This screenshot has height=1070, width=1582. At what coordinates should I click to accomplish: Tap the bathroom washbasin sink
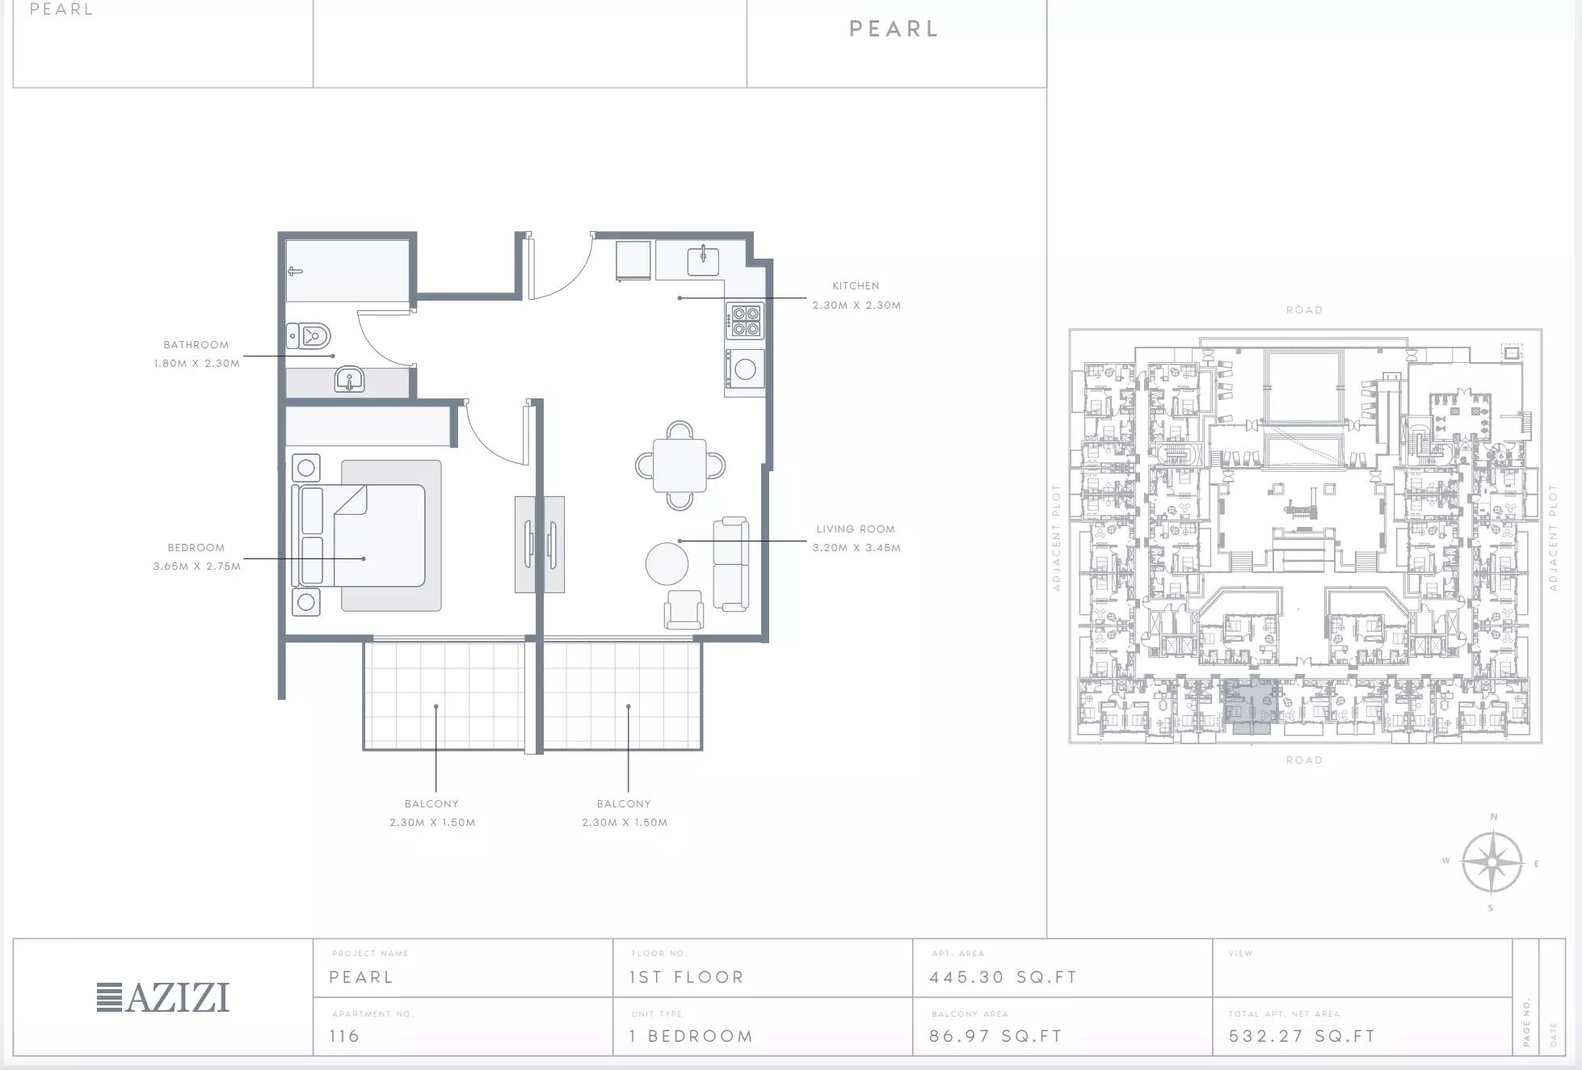349,379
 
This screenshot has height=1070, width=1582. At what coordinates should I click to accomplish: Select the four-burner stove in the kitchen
745,320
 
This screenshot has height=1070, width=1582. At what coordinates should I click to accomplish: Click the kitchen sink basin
703,261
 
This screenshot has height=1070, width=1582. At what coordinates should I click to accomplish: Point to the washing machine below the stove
744,369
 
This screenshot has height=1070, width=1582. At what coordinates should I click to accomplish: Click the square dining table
680,465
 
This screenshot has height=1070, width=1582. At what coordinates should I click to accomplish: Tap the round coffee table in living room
667,563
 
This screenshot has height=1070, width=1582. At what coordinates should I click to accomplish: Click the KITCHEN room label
856,286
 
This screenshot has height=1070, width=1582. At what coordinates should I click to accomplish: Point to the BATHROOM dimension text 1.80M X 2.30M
197,364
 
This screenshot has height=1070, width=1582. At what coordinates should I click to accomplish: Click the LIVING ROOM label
856,529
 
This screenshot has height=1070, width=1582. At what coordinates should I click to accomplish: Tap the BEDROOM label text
196,548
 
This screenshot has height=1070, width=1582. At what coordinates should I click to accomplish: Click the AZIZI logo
163,997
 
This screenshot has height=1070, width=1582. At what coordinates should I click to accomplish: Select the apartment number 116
344,1036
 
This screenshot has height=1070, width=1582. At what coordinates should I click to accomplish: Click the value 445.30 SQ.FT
1003,977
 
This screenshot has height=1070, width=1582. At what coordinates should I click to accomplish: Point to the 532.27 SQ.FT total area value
1302,1036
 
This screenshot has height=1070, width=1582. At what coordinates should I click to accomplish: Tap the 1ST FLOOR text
687,977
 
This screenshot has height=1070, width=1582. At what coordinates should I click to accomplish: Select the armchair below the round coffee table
684,609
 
